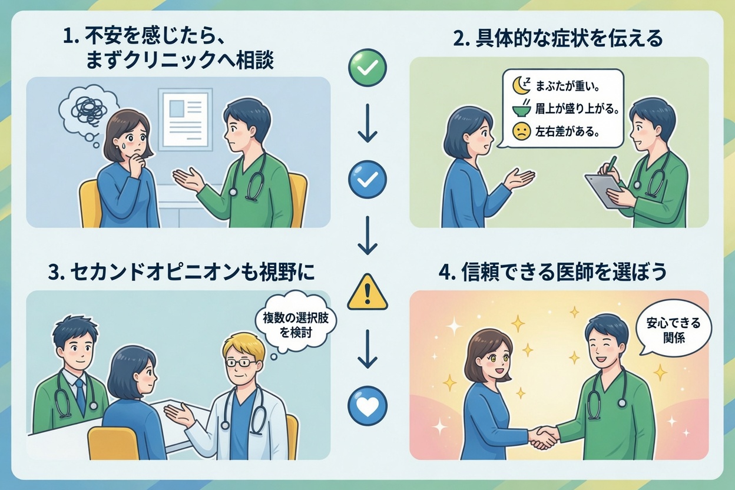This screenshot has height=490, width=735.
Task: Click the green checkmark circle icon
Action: (x=367, y=68)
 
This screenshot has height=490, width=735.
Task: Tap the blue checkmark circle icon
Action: (x=367, y=179)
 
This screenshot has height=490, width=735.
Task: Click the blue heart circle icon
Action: (x=367, y=405)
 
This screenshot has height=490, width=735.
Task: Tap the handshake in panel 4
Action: (x=544, y=436)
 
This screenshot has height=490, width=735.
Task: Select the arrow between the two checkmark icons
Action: (x=367, y=123)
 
